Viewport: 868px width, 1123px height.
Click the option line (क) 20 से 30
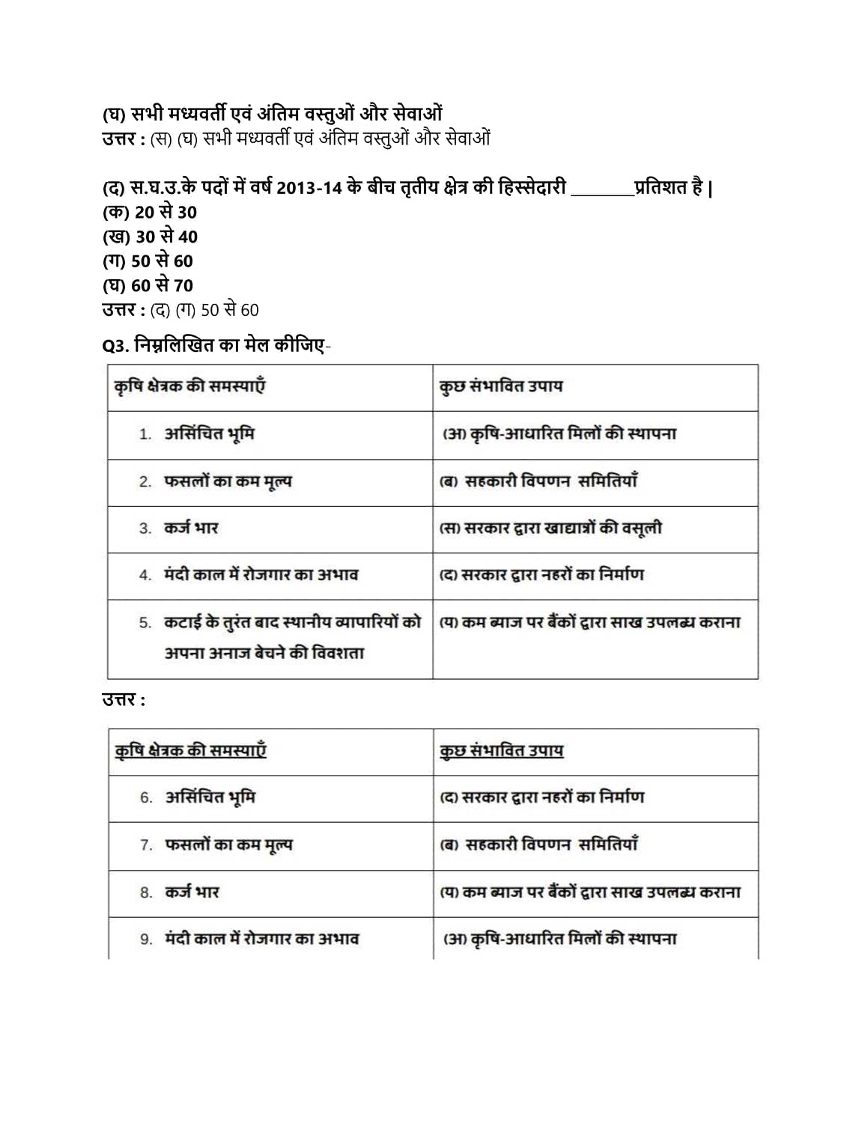(150, 213)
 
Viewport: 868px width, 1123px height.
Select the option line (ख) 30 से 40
(150, 237)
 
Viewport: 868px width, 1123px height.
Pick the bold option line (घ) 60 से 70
(148, 286)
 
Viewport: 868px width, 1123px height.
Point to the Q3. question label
(115, 346)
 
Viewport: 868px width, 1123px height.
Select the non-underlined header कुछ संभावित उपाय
(500, 386)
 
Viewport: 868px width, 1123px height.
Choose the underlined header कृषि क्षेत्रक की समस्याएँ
(190, 751)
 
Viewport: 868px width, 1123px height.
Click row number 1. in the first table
(145, 435)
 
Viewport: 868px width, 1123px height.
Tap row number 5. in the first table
(145, 623)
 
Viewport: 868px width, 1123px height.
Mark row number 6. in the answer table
(146, 798)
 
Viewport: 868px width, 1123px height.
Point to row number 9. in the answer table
(146, 940)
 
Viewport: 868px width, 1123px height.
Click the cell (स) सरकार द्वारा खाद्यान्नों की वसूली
(550, 529)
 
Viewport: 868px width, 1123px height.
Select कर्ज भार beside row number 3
(191, 529)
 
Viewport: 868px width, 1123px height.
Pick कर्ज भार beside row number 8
(192, 892)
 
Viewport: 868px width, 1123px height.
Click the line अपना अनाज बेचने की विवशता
(264, 654)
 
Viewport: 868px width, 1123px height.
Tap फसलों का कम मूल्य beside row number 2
(228, 481)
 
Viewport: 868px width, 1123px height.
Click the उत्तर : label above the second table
(124, 701)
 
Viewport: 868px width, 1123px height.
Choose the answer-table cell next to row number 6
(542, 798)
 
